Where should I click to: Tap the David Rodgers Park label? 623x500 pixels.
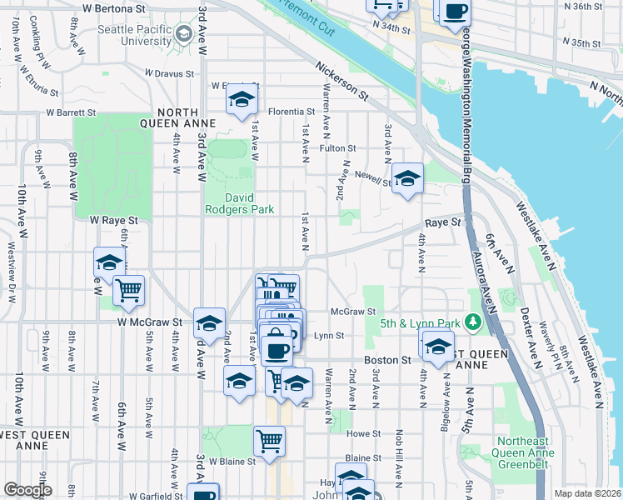pos(240,204)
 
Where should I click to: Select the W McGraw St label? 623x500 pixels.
pos(150,322)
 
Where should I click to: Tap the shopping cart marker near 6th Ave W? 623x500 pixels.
pos(128,290)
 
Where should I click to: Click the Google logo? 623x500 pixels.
pos(27,490)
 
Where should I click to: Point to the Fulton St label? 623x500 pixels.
pos(338,148)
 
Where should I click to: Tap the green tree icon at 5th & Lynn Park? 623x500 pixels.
pos(473,322)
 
